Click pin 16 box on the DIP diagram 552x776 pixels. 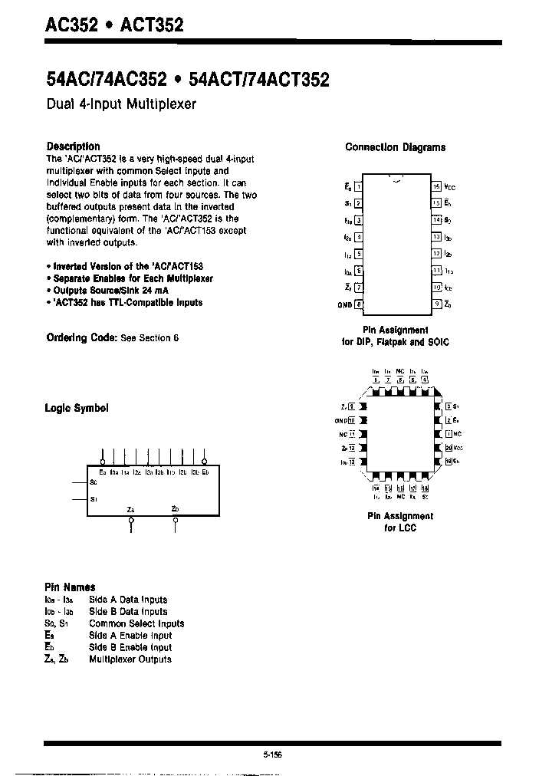point(436,186)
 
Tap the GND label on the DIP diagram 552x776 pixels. point(343,304)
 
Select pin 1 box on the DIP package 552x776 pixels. point(359,186)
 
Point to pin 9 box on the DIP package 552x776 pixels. point(436,304)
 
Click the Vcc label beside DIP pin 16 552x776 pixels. point(450,187)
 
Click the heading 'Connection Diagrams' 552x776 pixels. point(395,147)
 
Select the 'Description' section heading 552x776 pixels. point(73,146)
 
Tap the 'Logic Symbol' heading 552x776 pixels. point(77,408)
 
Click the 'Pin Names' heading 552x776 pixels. point(70,587)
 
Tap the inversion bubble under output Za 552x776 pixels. point(131,521)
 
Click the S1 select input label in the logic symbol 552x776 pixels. point(93,499)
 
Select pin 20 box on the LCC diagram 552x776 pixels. point(448,448)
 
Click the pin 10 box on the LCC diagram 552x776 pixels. point(352,420)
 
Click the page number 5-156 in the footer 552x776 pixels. point(272,755)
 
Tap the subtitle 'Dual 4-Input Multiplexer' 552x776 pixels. point(122,104)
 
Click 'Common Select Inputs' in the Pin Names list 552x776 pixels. point(136,623)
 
